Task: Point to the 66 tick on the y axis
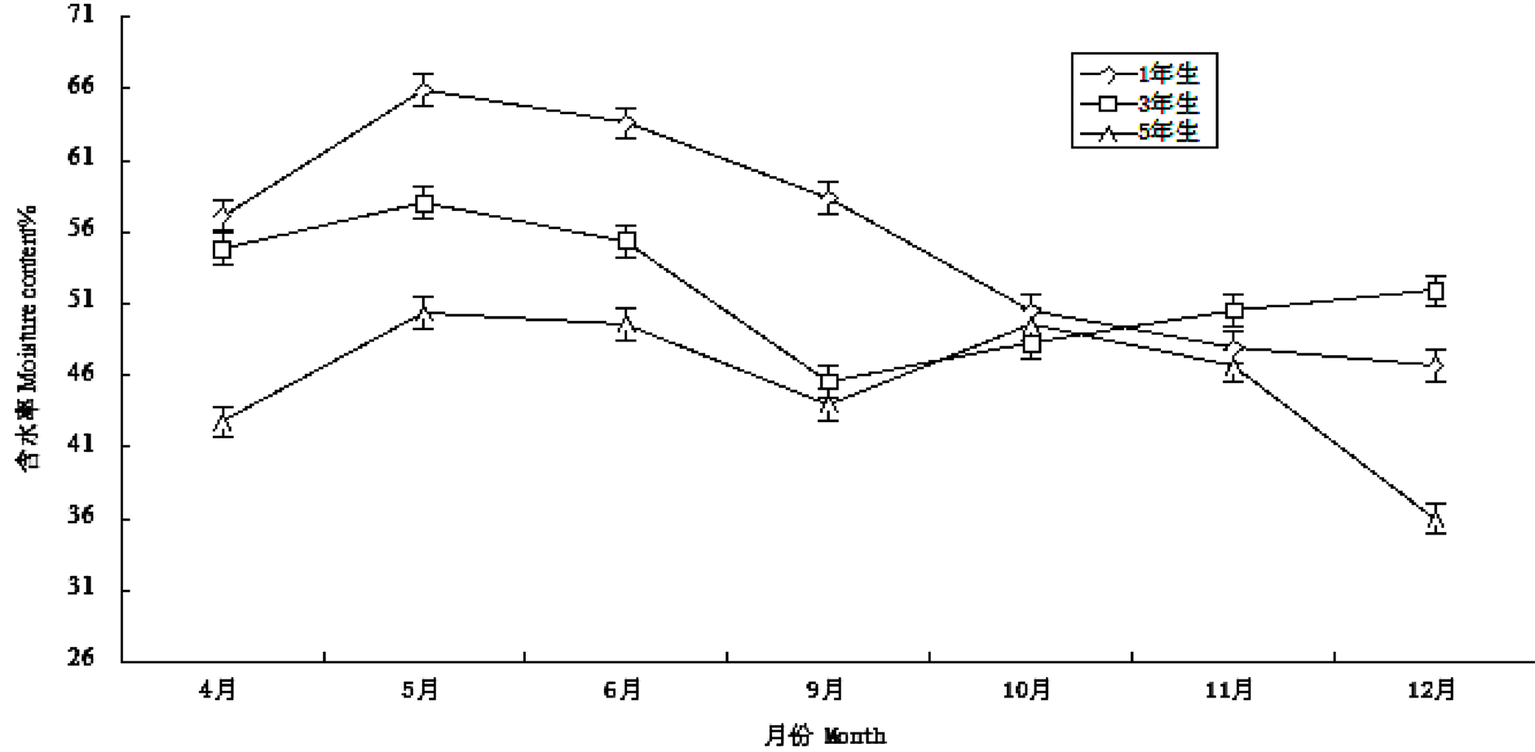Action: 81,86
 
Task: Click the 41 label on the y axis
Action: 81,445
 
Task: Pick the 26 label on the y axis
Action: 81,657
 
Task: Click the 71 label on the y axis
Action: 81,15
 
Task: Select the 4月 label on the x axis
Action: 218,690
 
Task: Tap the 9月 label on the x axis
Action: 825,690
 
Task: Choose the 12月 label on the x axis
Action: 1431,690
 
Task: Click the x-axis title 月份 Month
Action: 824,736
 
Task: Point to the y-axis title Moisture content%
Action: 29,338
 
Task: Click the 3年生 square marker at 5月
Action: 423,203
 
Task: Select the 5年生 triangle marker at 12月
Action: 1436,518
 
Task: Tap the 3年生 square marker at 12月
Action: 1436,291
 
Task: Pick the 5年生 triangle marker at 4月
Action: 223,422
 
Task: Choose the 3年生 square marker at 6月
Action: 626,240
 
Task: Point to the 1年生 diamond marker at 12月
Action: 1436,366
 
